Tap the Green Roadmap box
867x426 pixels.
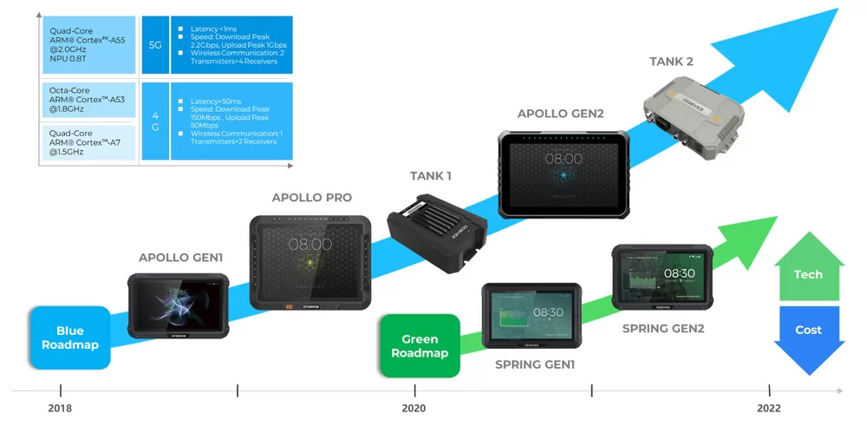pos(420,345)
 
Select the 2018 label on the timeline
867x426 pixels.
pos(60,408)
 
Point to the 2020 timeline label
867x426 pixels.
pos(414,408)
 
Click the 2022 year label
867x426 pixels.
pos(768,408)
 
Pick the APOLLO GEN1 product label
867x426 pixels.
pos(180,258)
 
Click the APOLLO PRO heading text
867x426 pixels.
pos(312,198)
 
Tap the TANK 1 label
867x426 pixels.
pos(431,176)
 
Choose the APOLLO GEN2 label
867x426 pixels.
pos(560,114)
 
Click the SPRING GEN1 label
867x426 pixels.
pos(535,364)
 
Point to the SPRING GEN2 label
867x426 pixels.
pos(663,329)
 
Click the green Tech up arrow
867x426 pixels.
pos(808,266)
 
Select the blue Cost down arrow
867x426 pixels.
pos(808,337)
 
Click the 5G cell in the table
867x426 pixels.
pos(155,43)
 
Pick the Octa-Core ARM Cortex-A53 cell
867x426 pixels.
pos(90,100)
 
